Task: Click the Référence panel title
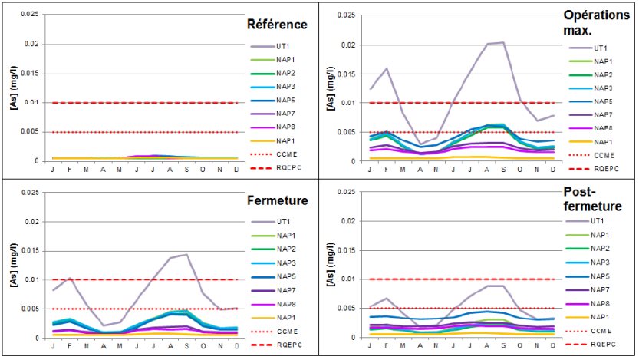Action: pos(277,25)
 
